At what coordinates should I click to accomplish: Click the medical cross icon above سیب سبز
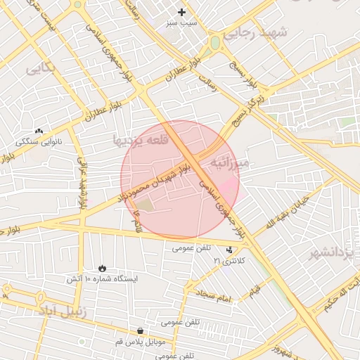pos(182,12)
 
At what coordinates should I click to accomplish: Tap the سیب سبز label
pos(182,23)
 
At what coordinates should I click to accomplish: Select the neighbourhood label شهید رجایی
pos(264,33)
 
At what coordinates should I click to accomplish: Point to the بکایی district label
pos(39,68)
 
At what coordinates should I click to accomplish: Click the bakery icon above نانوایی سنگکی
pos(39,131)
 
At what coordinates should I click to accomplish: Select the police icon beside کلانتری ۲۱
pos(230,250)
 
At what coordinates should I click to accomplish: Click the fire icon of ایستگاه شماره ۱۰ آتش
pos(103,268)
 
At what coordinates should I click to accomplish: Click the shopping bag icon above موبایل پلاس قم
pos(141,330)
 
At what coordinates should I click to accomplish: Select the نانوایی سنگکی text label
pos(39,142)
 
